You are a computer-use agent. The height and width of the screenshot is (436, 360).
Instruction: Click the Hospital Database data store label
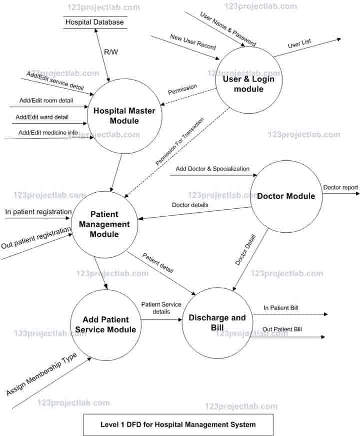pos(94,22)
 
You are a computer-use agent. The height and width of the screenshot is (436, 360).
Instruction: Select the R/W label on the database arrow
pos(110,51)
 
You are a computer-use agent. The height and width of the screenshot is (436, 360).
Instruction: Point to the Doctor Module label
pos(286,196)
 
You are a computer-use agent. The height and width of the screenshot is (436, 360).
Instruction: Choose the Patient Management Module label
pos(104,224)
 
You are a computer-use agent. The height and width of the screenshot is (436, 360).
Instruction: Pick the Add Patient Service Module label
pos(105,324)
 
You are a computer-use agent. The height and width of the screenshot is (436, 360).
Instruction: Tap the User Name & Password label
pos(228,29)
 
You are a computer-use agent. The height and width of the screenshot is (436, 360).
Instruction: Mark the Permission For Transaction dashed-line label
pos(179,142)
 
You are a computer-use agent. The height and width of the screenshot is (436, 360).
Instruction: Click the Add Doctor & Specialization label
pos(212,169)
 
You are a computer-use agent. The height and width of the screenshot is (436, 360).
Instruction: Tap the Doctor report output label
pos(340,187)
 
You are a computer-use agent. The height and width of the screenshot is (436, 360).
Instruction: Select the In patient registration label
pos(38,212)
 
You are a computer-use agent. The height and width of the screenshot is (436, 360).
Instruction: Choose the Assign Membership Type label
pos(41,374)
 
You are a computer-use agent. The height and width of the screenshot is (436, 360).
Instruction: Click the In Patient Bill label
pos(281,307)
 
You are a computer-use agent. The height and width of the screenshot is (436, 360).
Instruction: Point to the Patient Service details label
pos(161,307)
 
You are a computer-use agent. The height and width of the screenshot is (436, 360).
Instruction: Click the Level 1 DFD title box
pos(178,424)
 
